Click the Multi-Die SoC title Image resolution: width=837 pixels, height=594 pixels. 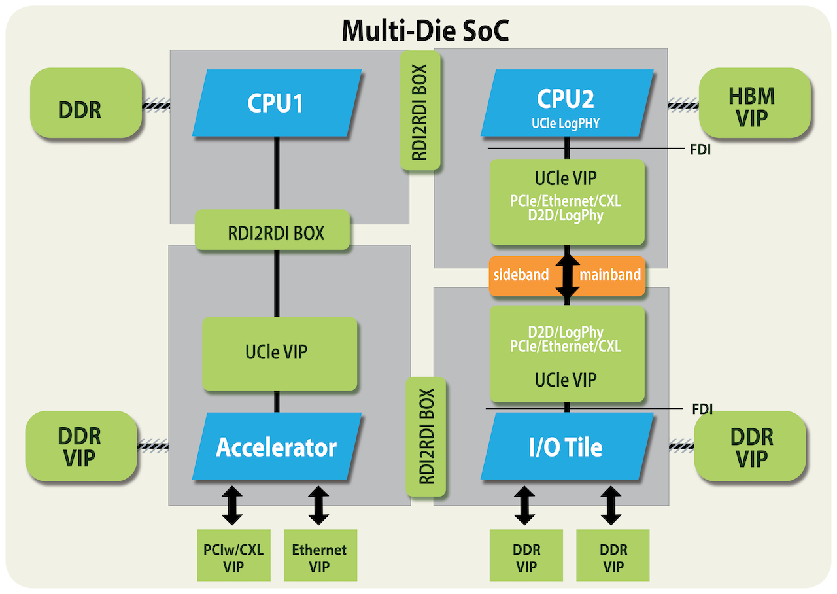point(425,30)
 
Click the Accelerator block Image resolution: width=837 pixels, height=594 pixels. point(276,447)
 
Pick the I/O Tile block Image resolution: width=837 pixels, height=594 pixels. point(566,447)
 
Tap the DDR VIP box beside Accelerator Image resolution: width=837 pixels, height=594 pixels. point(80,446)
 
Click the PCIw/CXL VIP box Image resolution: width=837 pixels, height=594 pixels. point(233,557)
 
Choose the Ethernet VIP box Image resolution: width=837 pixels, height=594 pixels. point(320,557)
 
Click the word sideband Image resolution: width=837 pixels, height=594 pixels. point(521,275)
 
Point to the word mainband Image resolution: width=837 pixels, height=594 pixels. point(609,275)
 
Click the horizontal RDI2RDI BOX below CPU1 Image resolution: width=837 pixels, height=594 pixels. point(273,233)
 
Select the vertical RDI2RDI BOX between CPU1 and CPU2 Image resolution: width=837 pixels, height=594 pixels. point(420,111)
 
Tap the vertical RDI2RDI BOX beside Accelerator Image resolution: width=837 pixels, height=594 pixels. point(426,437)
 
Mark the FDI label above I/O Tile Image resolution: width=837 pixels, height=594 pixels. point(702,409)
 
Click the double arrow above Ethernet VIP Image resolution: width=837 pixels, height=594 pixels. point(318,505)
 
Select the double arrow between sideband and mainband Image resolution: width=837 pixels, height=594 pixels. point(567,275)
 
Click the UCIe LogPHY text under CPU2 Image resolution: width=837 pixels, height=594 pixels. point(566,122)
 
